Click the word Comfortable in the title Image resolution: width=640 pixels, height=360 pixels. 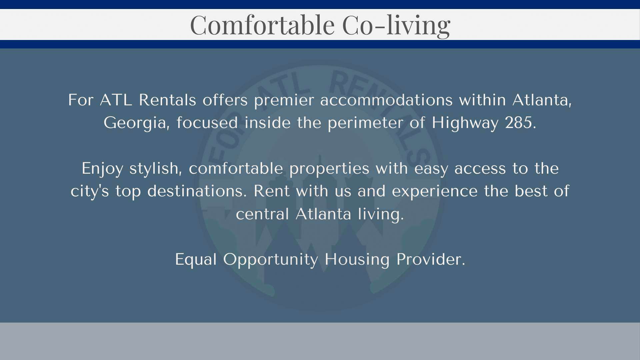coord(262,25)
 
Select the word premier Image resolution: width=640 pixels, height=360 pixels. coord(284,100)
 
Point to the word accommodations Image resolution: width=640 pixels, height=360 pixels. coord(386,100)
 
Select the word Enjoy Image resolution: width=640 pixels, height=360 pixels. coord(102,169)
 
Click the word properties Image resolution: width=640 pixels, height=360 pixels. coord(329,169)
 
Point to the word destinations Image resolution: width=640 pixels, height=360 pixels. coord(197,191)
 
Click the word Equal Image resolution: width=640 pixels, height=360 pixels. coord(196,260)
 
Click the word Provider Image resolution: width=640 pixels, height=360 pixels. coord(431,259)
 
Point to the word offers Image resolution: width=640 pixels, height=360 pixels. coord(225,100)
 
